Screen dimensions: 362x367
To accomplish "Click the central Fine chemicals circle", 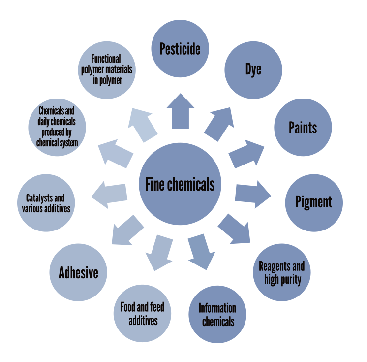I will [180, 183].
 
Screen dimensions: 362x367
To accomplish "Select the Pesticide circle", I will [180, 49].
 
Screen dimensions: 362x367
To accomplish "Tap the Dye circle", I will [253, 69].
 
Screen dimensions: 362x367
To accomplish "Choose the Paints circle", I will [303, 128].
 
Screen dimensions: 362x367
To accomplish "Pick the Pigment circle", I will [314, 202].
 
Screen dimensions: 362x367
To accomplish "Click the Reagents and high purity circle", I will [281, 272].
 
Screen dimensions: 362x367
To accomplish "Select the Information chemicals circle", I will [217, 314].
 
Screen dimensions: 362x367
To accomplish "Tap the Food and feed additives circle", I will [143, 314].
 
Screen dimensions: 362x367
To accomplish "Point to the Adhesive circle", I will [79, 272].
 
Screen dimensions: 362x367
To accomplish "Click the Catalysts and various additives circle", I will [46, 203].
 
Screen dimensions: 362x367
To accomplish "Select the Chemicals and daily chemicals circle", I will [57, 127].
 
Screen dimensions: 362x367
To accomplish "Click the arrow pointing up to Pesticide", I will [180, 111].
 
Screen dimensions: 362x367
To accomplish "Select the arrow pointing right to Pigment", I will [253, 193].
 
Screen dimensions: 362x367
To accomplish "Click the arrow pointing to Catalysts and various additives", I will [109, 193].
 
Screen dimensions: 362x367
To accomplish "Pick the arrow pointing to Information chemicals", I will [201, 251].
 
